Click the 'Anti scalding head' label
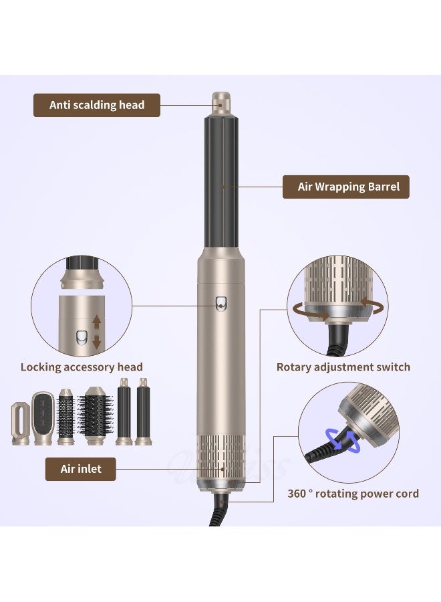point(97,105)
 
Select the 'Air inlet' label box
point(81,469)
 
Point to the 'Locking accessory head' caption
point(82,367)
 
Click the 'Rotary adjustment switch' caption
point(343,367)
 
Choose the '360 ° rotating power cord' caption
point(353,494)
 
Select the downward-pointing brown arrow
point(96,342)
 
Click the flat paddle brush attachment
point(43,417)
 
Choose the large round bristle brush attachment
point(95,419)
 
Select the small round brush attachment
point(66,419)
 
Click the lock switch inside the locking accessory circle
point(82,336)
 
